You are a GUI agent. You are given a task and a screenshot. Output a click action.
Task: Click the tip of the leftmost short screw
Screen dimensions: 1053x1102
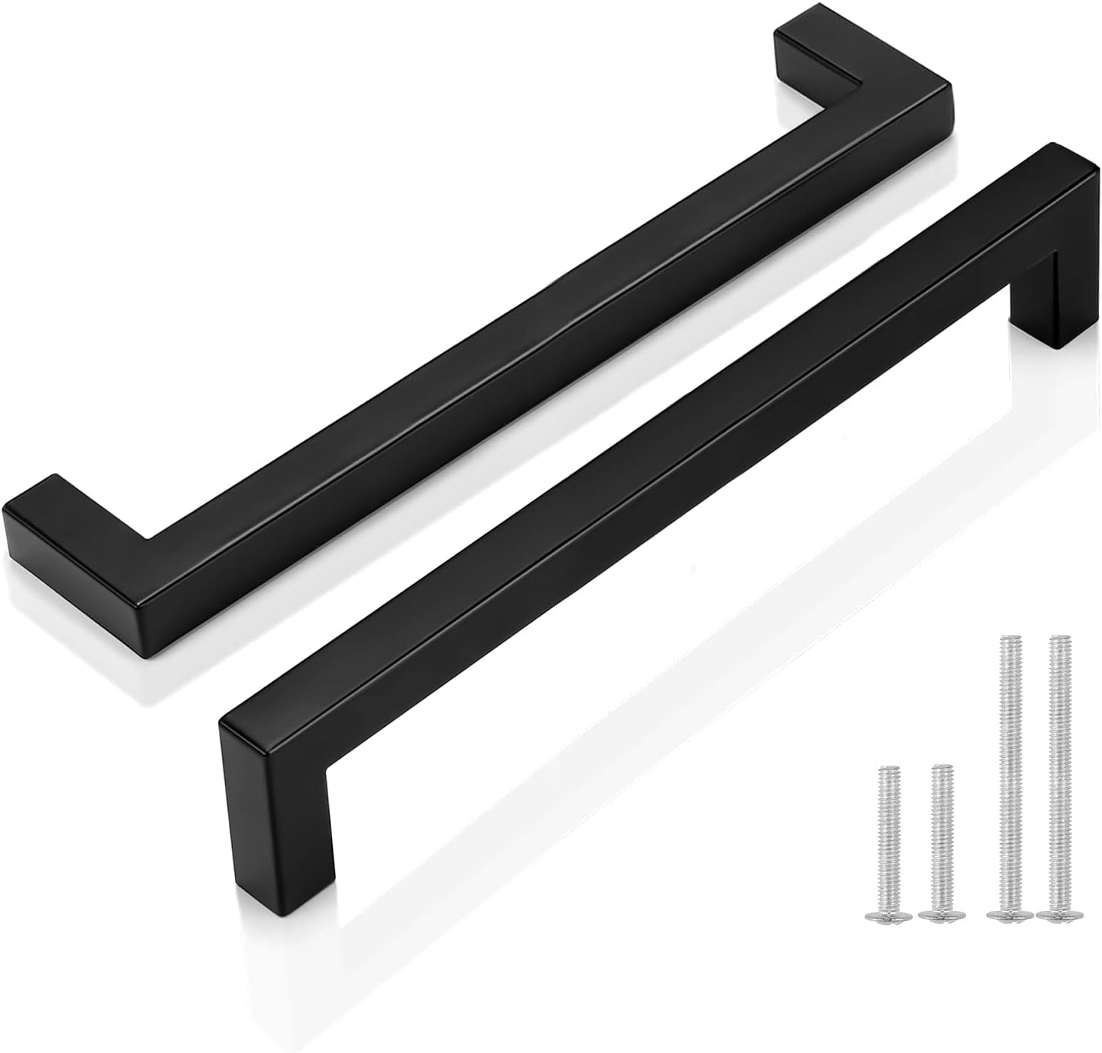tap(884, 792)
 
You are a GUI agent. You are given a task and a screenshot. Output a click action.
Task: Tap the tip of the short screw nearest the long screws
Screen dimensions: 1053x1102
tap(942, 769)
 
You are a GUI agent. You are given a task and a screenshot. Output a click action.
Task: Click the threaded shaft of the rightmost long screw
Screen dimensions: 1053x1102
tap(1055, 775)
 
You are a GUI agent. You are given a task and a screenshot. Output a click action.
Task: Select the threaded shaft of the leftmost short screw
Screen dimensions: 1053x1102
tap(885, 852)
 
